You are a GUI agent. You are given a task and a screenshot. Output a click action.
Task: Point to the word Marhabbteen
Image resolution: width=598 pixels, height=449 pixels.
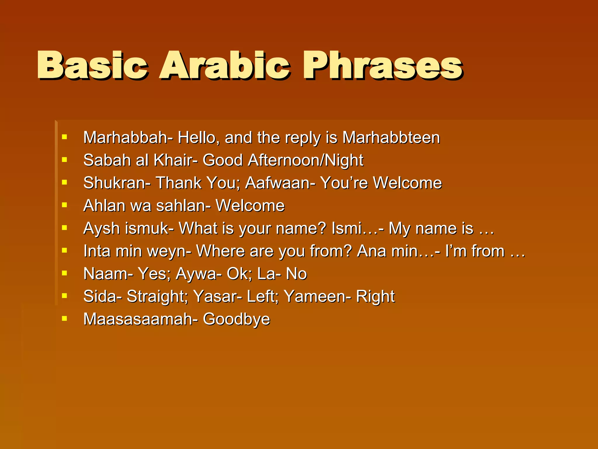tap(391, 137)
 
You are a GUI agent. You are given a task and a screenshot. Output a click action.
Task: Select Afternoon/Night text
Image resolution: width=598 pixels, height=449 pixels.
tap(305, 160)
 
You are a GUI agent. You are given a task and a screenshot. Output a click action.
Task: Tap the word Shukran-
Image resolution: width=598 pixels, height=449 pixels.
tap(117, 183)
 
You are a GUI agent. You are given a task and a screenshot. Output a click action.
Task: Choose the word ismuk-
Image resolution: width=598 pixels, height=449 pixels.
tap(149, 228)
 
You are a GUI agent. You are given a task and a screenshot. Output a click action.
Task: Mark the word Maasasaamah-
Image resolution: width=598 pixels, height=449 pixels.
tap(140, 319)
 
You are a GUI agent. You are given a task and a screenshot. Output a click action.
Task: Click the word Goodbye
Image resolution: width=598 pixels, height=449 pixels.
tap(237, 319)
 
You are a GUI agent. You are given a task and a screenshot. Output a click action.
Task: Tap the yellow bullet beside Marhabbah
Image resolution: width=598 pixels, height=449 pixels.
tap(65, 137)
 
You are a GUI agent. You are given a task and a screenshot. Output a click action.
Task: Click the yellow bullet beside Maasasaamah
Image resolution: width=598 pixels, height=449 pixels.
tap(65, 318)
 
